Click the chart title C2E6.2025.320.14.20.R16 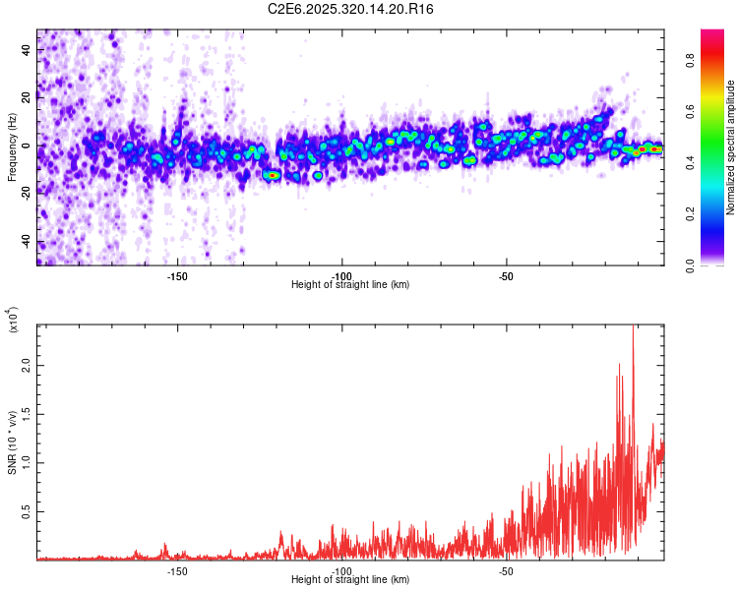point(350,9)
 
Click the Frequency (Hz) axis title point(12,147)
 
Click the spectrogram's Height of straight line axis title point(350,284)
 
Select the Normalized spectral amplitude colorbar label point(730,147)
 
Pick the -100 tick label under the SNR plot point(341,569)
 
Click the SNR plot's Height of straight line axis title point(350,579)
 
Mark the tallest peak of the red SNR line point(633,328)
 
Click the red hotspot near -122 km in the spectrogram point(272,175)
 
